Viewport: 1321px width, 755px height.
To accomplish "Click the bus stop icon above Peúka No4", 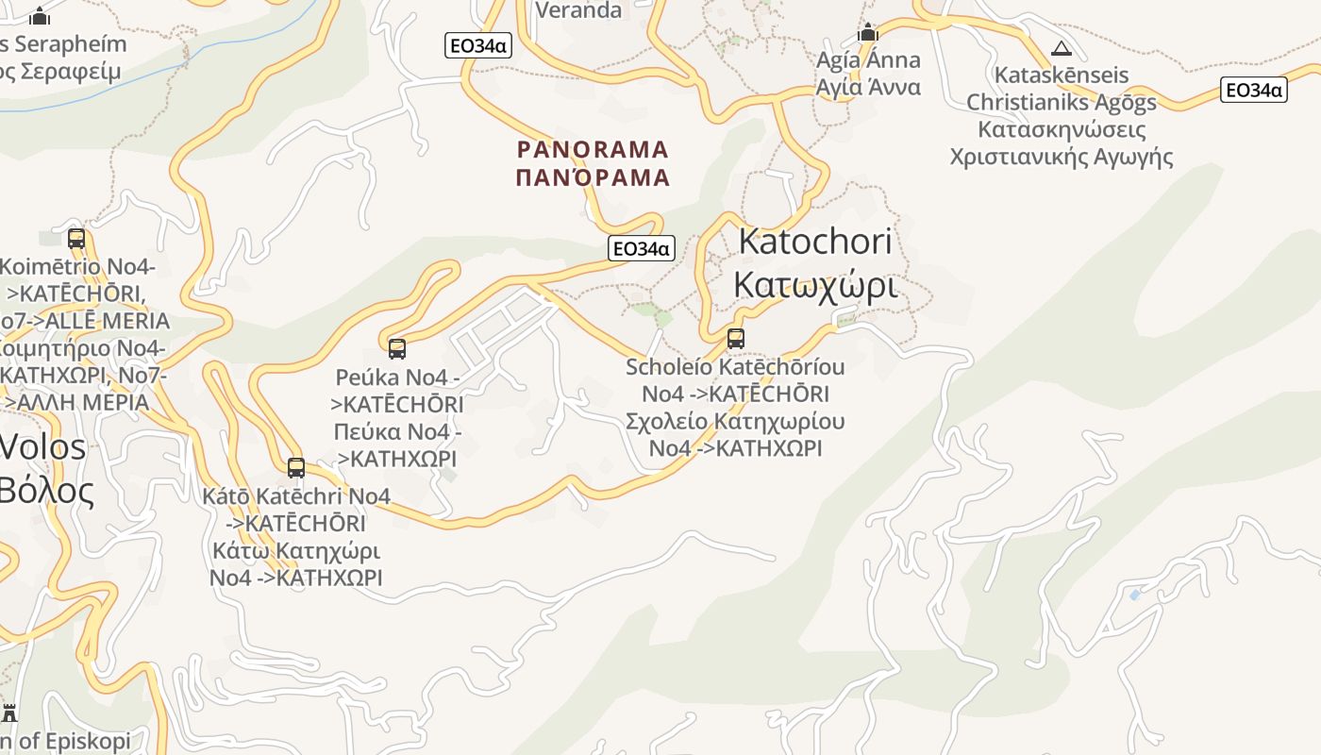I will [x=397, y=349].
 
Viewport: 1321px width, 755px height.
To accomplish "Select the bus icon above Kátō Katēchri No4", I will [x=296, y=468].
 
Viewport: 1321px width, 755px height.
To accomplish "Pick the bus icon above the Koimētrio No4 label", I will [x=76, y=239].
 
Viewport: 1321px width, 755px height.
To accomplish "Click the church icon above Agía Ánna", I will [x=868, y=34].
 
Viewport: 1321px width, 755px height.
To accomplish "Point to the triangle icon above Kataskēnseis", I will [x=1062, y=49].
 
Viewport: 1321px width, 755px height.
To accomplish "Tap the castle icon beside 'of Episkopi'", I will [x=9, y=713].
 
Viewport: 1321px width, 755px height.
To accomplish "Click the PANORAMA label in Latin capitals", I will [x=594, y=149].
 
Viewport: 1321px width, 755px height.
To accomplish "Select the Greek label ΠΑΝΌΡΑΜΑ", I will [x=594, y=176].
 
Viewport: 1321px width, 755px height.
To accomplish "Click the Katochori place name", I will [x=814, y=241].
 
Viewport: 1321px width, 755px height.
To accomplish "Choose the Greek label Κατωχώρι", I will [x=814, y=284].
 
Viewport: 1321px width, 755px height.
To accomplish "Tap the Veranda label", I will [x=579, y=10].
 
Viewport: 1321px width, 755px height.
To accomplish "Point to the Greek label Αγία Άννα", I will [x=868, y=87].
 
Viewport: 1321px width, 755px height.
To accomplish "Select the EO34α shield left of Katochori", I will [x=642, y=248].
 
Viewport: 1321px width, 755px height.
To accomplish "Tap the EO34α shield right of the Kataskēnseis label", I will [x=1253, y=90].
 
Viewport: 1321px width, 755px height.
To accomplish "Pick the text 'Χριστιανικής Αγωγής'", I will [x=1062, y=157].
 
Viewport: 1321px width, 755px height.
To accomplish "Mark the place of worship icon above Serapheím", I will [x=40, y=17].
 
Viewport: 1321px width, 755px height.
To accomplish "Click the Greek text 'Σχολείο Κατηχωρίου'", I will [x=735, y=421].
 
